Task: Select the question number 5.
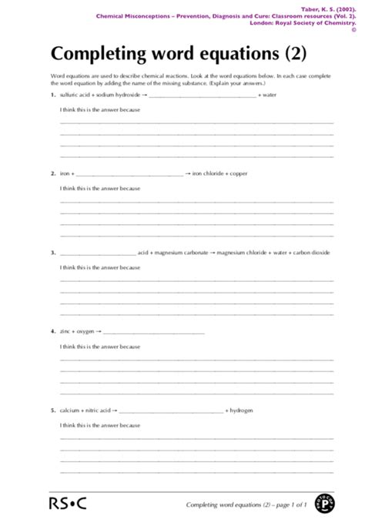pos(52,410)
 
